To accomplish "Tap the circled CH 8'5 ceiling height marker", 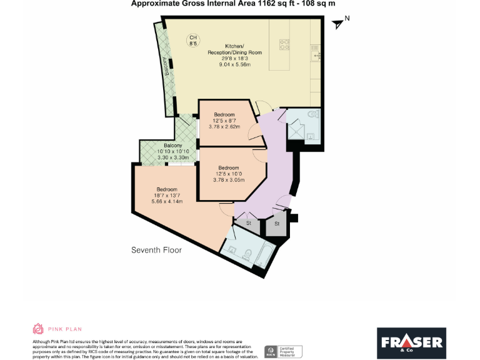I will [193, 40].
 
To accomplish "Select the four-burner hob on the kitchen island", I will [284, 44].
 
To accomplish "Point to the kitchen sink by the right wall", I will [316, 55].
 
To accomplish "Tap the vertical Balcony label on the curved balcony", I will [166, 67].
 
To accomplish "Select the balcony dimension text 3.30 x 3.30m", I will [173, 157].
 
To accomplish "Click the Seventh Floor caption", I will [156, 250].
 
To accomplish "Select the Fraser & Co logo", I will [411, 342].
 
